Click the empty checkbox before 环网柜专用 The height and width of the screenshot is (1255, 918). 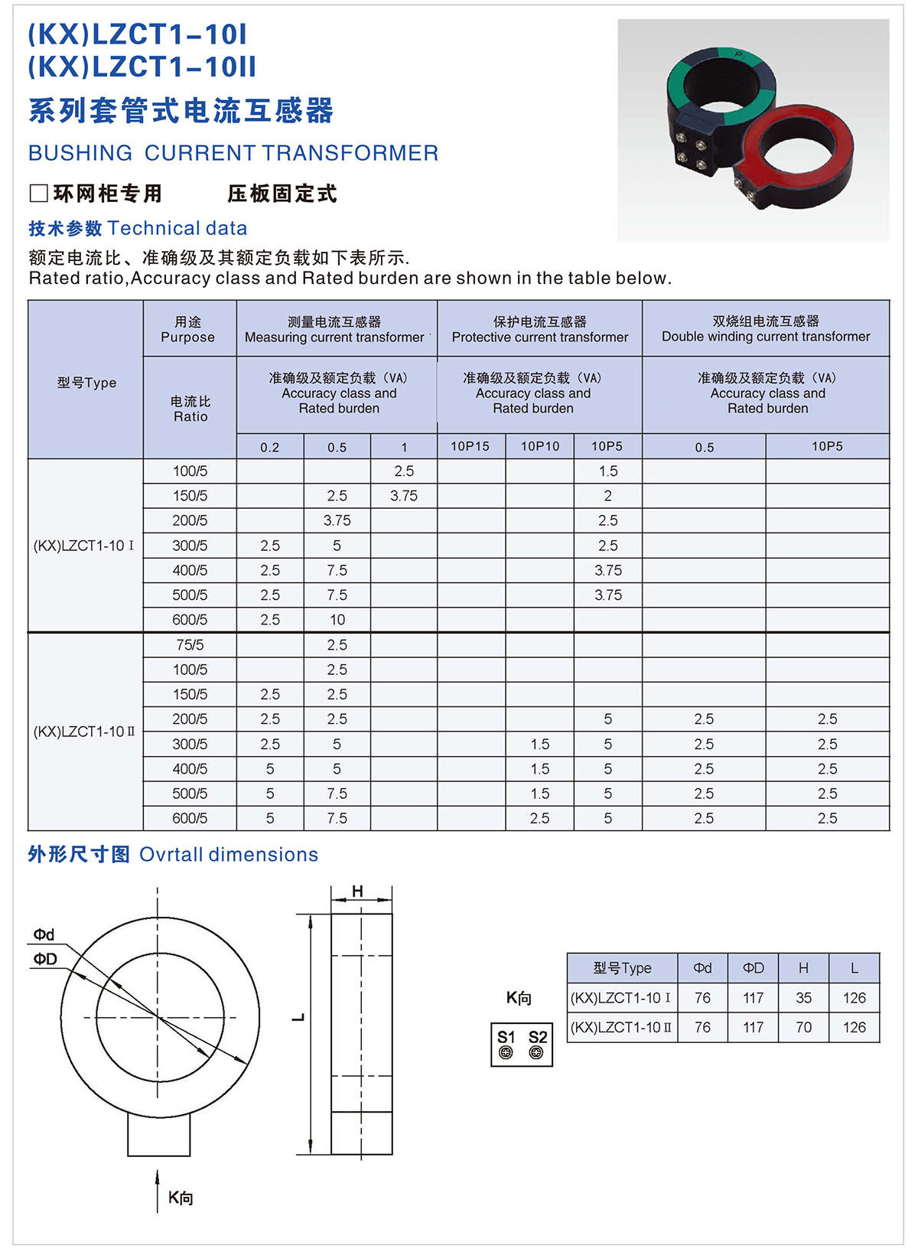point(38,194)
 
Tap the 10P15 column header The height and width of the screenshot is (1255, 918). point(470,446)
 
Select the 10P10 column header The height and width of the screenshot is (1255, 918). point(540,446)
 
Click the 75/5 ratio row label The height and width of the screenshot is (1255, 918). point(190,645)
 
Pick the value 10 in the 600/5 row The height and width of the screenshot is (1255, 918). point(337,620)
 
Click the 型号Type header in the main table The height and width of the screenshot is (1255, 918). point(86,383)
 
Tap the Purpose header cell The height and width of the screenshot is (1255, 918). point(187,330)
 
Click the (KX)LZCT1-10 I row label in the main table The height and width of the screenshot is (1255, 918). point(84,546)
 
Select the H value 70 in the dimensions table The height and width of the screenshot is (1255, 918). point(803,1027)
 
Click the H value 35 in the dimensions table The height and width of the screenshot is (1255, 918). point(803,998)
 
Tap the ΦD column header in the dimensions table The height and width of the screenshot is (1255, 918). point(754,968)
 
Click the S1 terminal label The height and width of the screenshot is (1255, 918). point(506,1037)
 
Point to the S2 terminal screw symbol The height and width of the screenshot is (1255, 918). point(537,1053)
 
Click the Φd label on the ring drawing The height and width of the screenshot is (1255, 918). point(44,934)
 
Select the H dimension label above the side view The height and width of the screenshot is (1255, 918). point(357,891)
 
